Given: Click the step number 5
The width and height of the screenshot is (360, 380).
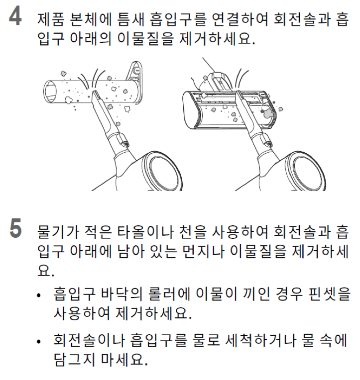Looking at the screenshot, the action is coord(15,228).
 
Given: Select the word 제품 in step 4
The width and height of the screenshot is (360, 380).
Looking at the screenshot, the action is coord(51,19).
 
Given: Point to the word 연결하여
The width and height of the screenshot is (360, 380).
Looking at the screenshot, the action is coord(240,19).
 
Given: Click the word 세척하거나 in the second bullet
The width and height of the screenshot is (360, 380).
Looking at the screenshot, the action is coord(260,340).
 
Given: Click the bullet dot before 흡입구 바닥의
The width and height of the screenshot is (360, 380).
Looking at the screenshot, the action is coord(38,295).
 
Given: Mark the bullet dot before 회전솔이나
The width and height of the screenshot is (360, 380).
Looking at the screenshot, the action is coord(38,342).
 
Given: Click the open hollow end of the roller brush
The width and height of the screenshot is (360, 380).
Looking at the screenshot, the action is coord(50,92).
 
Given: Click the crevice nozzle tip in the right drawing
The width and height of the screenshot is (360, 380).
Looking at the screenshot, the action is coord(239,94).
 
